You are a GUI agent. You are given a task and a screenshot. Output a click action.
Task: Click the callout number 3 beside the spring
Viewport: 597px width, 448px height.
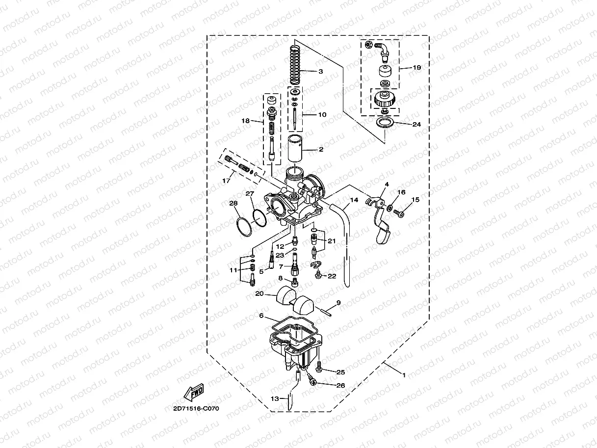click(320, 72)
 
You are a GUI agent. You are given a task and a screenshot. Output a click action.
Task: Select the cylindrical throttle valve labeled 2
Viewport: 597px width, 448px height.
click(297, 148)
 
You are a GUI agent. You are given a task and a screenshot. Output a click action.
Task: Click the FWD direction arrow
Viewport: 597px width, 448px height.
click(194, 392)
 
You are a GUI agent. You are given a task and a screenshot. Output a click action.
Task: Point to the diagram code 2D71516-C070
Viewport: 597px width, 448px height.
click(196, 408)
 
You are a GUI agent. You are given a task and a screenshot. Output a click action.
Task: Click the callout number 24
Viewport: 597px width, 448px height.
click(416, 125)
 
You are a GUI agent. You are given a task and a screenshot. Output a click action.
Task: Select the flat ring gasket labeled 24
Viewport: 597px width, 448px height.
click(387, 123)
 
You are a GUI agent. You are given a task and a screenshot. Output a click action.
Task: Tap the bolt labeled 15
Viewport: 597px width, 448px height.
click(397, 214)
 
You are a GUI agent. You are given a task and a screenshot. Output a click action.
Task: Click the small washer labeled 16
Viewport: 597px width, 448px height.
click(389, 209)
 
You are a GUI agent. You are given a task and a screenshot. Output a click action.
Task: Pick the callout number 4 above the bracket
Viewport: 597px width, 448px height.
click(387, 184)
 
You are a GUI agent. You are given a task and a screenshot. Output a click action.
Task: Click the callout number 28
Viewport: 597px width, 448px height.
click(233, 203)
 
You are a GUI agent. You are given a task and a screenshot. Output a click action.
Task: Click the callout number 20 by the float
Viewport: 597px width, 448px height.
click(260, 294)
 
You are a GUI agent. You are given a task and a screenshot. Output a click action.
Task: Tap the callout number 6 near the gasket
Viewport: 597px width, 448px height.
click(261, 316)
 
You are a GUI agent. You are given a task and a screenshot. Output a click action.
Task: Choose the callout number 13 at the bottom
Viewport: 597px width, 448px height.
click(275, 399)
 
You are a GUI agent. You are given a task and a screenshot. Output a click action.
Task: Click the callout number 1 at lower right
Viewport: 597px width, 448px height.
click(404, 375)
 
